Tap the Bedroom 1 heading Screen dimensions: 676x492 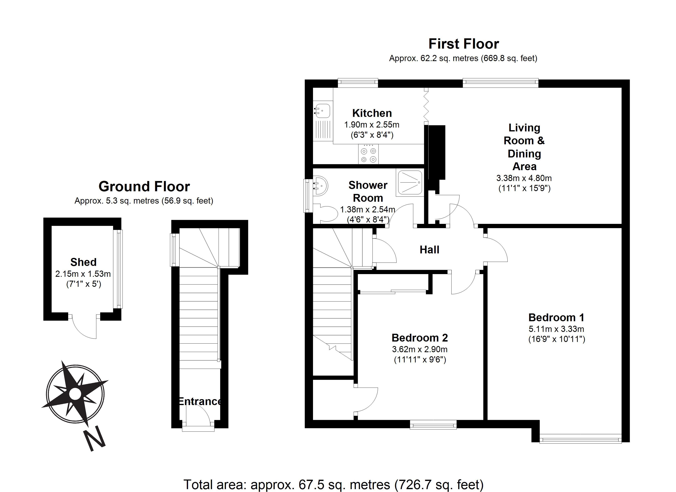click(556, 317)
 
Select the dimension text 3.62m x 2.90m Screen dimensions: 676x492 click(420, 349)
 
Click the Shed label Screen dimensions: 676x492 click(83, 262)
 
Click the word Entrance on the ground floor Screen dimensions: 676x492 click(200, 401)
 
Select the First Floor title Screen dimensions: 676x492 click(464, 44)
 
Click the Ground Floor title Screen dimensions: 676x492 click(144, 187)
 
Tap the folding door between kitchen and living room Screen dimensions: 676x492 click(426, 106)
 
